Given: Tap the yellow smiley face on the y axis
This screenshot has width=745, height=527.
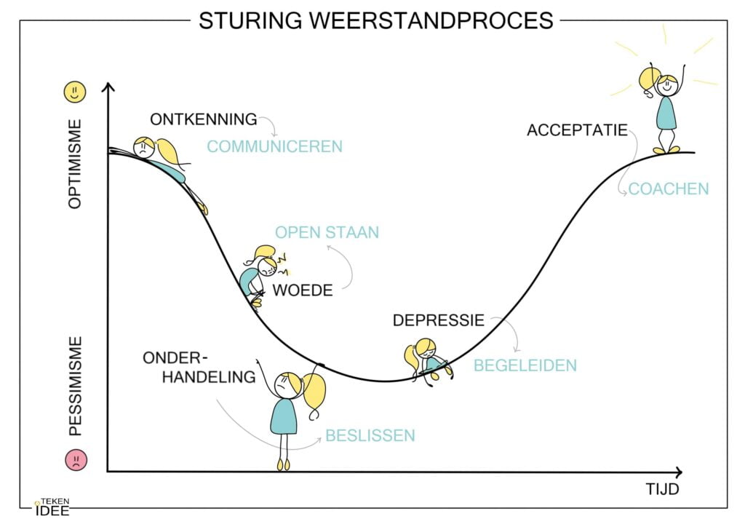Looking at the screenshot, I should pyautogui.click(x=75, y=92).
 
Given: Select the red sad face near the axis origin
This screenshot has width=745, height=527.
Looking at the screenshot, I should pyautogui.click(x=76, y=461).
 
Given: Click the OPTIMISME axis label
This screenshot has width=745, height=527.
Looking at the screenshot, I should pyautogui.click(x=76, y=164).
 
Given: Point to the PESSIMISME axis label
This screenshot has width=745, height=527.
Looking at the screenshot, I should pyautogui.click(x=76, y=386).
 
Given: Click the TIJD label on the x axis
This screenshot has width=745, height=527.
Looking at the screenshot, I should pyautogui.click(x=661, y=489).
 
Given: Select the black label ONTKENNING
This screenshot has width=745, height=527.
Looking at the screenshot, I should pyautogui.click(x=204, y=119).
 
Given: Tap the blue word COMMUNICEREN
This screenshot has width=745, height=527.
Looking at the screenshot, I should pyautogui.click(x=274, y=147).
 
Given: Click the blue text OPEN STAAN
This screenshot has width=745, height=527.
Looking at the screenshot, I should pyautogui.click(x=327, y=233).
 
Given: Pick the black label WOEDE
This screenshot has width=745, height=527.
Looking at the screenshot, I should pyautogui.click(x=303, y=290).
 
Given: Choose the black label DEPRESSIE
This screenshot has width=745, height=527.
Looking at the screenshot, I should pyautogui.click(x=438, y=320).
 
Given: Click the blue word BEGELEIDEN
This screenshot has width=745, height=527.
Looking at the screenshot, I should pyautogui.click(x=525, y=365).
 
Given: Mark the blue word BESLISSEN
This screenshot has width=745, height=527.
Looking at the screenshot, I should pyautogui.click(x=370, y=436).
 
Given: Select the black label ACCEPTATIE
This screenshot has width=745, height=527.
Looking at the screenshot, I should pyautogui.click(x=577, y=131).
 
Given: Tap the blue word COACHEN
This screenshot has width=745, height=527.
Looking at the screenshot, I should pyautogui.click(x=668, y=189).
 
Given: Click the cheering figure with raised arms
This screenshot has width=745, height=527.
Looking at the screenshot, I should pyautogui.click(x=664, y=106).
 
